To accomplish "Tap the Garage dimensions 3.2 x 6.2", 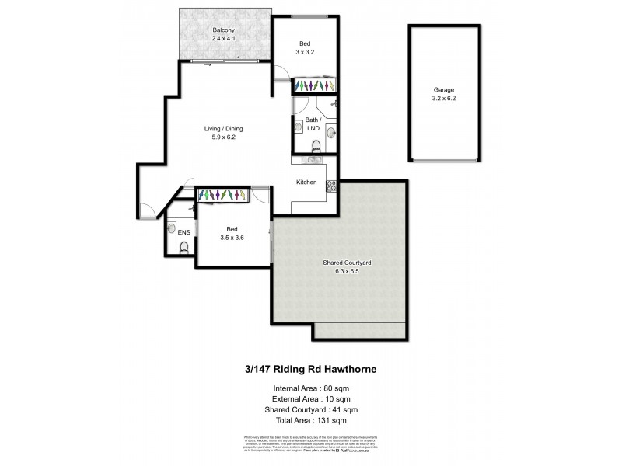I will click(445, 99).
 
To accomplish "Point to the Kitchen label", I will click(306, 182).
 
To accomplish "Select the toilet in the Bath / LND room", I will click(314, 145).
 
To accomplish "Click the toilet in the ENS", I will click(183, 248).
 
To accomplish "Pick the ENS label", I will click(183, 232).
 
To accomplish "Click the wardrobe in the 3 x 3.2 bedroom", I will click(315, 85).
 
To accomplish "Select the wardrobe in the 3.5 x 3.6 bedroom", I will click(222, 195).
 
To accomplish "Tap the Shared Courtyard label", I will click(347, 264).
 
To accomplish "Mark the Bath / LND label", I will click(313, 123).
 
